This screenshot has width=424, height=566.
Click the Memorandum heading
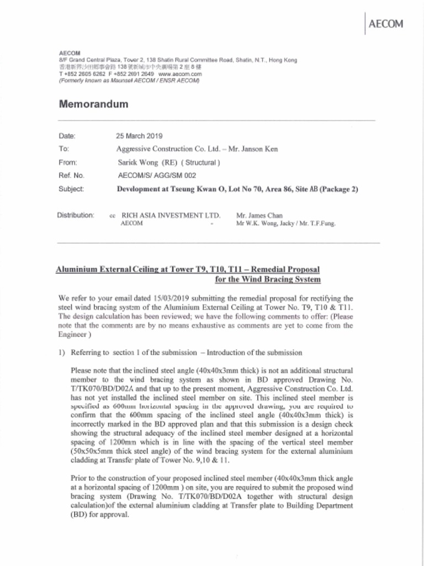point(93,104)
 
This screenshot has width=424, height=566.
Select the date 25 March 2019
point(139,135)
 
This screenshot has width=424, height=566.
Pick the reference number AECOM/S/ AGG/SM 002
point(157,176)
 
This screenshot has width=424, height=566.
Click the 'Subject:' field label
point(71,189)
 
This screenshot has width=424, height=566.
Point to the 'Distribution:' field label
point(76,215)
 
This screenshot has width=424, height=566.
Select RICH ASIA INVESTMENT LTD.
point(171,216)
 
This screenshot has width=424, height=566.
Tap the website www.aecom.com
point(180,74)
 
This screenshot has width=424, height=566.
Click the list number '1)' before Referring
point(62,353)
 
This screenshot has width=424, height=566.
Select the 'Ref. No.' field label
point(71,176)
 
